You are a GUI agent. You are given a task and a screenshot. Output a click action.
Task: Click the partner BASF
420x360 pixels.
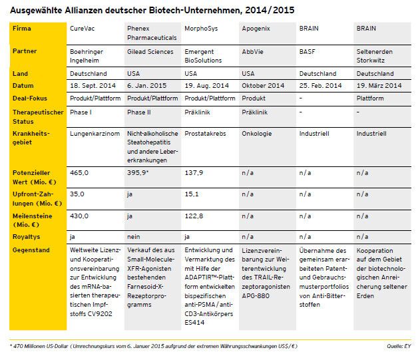pos(306,51)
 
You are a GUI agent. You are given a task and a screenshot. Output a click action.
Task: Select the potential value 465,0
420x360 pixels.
pos(80,172)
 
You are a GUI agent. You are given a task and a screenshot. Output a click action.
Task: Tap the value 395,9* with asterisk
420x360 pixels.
pos(138,172)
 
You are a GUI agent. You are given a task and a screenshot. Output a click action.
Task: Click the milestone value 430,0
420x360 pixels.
pos(80,216)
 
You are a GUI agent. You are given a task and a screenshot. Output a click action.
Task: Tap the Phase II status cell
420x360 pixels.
pos(138,112)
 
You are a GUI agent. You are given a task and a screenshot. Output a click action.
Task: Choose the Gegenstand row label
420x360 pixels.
pos(30,250)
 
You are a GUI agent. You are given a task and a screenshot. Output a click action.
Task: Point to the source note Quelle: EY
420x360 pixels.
pos(397,345)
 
